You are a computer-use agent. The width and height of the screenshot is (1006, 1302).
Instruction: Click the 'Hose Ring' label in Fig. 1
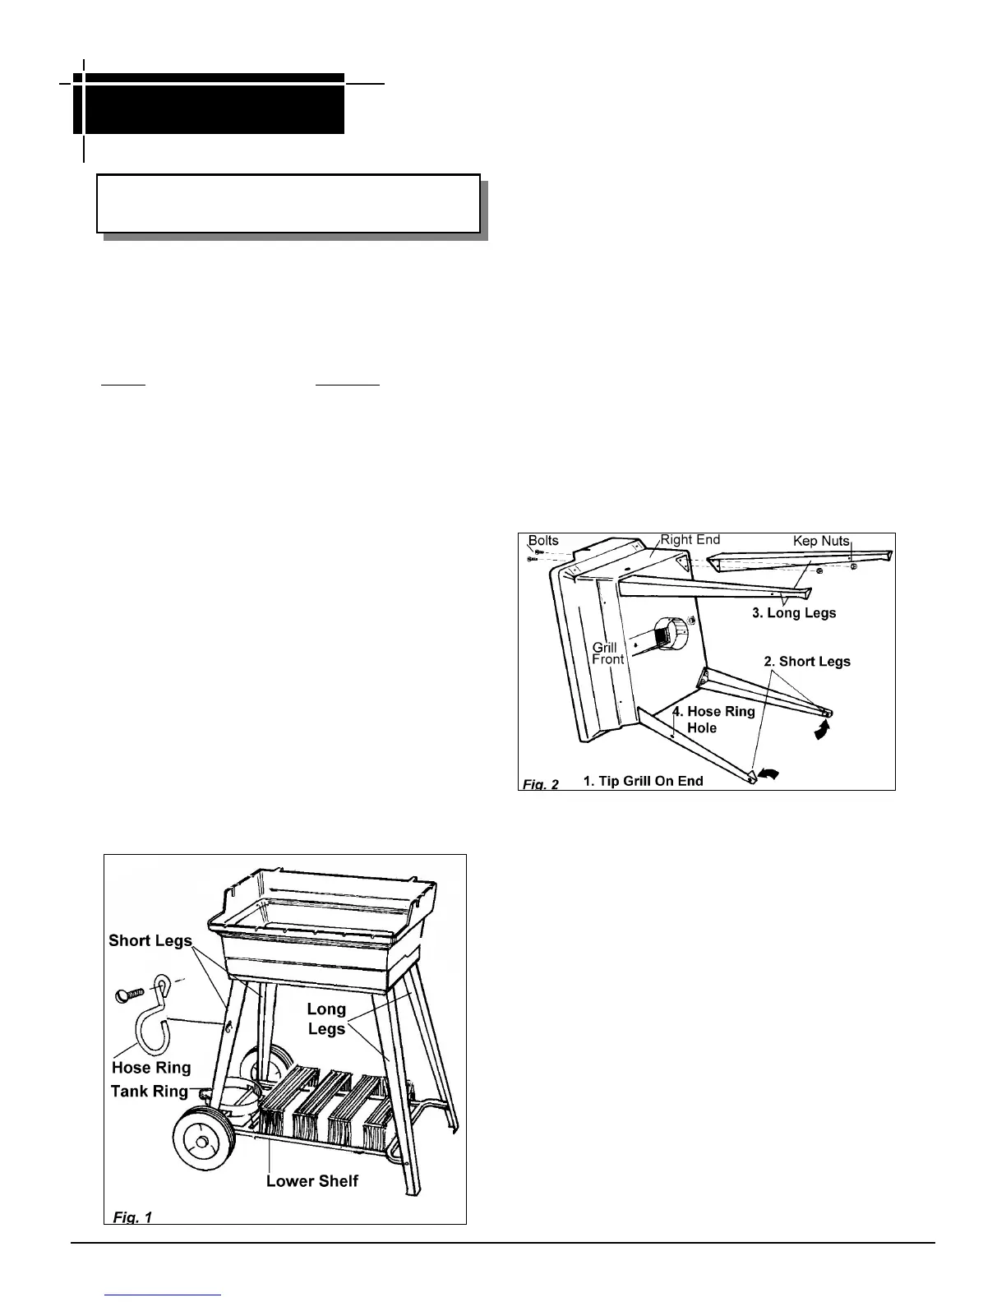point(151,1068)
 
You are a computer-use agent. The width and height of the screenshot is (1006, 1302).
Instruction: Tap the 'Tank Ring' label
point(150,1092)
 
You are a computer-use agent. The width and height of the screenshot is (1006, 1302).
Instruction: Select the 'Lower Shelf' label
point(312,1181)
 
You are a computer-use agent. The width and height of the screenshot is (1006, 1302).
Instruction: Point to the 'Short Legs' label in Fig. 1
point(150,940)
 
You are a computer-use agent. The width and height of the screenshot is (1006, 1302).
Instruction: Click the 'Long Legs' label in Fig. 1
point(326,1018)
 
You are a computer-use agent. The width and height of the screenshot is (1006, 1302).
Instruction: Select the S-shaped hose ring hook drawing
point(159,1019)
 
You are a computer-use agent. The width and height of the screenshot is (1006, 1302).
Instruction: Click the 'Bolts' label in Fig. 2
point(543,540)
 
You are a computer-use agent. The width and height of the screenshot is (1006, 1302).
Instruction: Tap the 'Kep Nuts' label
point(821,541)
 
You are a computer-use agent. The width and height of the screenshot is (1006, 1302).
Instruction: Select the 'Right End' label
point(690,539)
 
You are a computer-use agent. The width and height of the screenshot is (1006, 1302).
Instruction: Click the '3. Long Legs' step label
point(795,613)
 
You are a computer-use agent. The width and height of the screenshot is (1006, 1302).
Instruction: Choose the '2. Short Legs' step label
point(807,661)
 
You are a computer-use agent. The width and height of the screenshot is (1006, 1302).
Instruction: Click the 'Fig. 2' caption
point(541,784)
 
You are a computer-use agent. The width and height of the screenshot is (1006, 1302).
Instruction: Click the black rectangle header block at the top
point(209,104)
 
